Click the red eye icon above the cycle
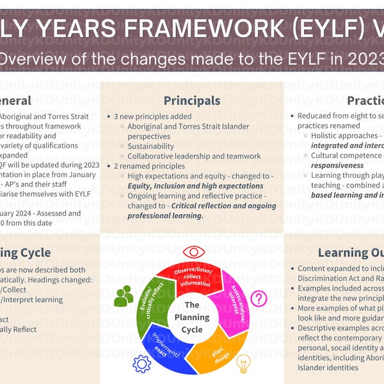click(x=193, y=253)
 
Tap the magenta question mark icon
click(x=258, y=298)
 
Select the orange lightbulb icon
click(x=243, y=363)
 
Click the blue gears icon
click(x=141, y=364)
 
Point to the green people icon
click(x=124, y=295)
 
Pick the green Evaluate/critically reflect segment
click(x=154, y=301)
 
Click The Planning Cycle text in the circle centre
click(x=193, y=317)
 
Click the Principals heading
click(x=192, y=100)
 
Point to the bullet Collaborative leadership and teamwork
click(x=194, y=156)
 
